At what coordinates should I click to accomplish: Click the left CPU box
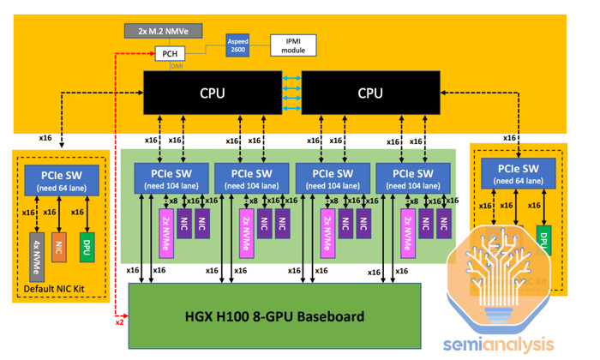click(213, 93)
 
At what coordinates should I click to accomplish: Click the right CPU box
click(369, 93)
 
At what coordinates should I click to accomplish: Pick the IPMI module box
click(293, 45)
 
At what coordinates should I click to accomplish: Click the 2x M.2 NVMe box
click(164, 31)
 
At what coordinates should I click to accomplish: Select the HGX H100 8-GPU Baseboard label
click(274, 316)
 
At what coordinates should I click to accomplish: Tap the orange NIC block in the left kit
click(58, 246)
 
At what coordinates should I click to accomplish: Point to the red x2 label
click(120, 322)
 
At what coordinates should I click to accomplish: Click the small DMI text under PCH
click(176, 66)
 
